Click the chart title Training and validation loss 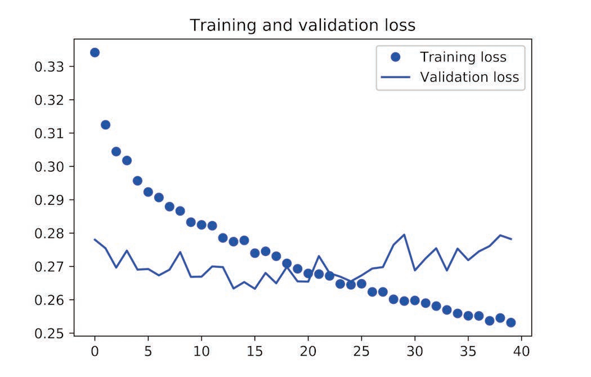302,25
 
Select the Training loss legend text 463,57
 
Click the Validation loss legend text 469,77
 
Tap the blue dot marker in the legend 395,57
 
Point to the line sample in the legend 395,77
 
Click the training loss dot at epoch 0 95,52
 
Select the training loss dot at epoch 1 105,124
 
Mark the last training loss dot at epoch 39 511,322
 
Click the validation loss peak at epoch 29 404,234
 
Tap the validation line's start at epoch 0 95,239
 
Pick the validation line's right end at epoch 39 511,239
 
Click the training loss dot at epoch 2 116,151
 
